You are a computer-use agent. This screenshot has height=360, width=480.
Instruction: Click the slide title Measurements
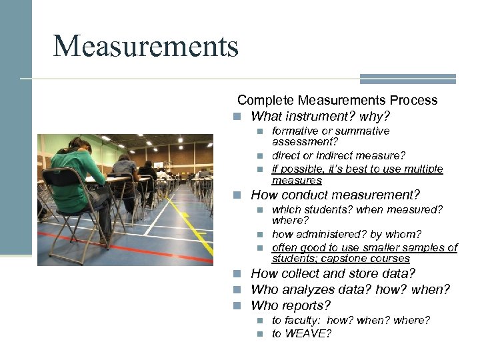click(145, 47)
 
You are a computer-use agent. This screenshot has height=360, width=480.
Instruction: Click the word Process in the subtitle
click(413, 101)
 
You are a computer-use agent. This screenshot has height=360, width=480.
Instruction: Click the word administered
click(329, 235)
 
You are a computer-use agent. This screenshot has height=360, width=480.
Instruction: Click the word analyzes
click(313, 290)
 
